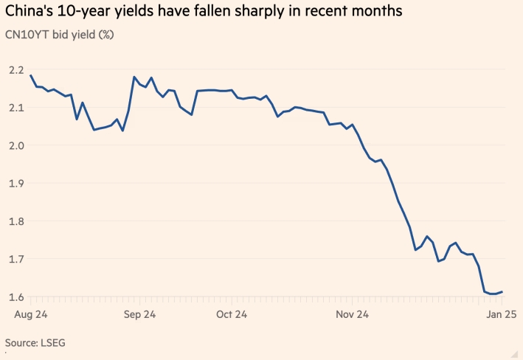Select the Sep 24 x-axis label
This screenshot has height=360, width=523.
click(139, 314)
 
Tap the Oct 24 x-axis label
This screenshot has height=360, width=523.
click(232, 314)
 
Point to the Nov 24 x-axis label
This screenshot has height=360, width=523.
click(352, 314)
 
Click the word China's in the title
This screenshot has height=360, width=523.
click(32, 13)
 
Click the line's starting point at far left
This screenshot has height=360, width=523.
click(30, 75)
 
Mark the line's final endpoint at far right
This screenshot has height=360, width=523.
click(502, 292)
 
